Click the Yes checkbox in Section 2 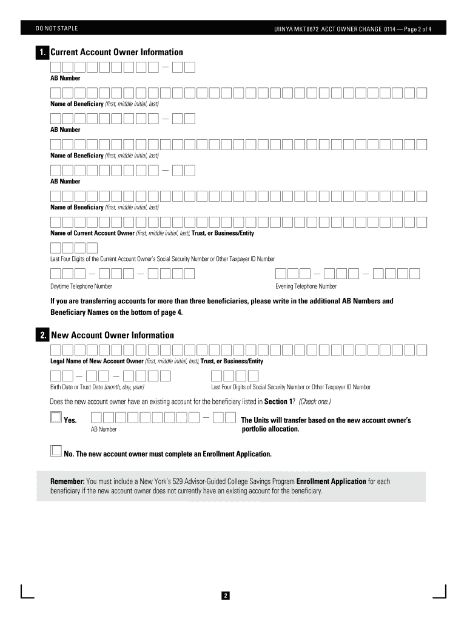tap(56, 417)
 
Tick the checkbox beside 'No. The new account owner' tap(56, 450)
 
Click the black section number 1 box tap(42, 53)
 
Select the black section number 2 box tap(42, 335)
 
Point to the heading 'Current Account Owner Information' tap(116, 53)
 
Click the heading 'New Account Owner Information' tap(112, 335)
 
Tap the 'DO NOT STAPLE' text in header tap(57, 28)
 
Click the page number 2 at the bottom tap(224, 596)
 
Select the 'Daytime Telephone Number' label tap(81, 286)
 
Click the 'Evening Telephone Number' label tap(306, 286)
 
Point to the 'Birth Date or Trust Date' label tap(97, 387)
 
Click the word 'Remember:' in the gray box tap(67, 481)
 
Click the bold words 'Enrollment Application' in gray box tap(331, 481)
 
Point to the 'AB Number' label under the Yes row tap(104, 429)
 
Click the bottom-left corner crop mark tap(24, 593)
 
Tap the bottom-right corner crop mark tap(442, 593)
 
